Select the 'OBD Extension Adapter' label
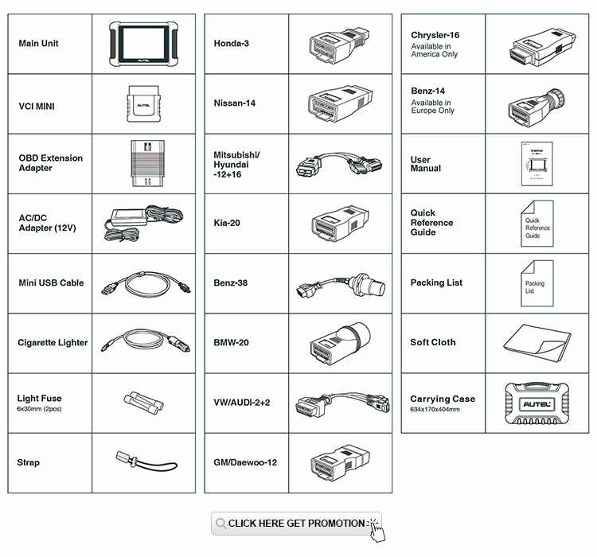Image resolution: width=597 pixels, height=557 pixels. (50, 163)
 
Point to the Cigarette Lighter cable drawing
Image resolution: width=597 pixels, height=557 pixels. (143, 342)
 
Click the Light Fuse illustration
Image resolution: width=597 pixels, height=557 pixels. (143, 399)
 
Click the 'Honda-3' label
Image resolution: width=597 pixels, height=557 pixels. (231, 43)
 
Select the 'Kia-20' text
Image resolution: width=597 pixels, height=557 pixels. (226, 223)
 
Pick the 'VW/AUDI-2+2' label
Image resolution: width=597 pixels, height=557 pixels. (241, 403)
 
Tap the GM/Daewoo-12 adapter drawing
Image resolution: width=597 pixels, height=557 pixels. (338, 462)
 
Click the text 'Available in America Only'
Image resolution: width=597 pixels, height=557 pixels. (434, 50)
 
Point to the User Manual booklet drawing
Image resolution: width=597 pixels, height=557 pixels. (533, 164)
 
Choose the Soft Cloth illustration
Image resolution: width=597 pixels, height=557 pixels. (537, 342)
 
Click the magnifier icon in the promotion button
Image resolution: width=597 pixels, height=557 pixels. (220, 524)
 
